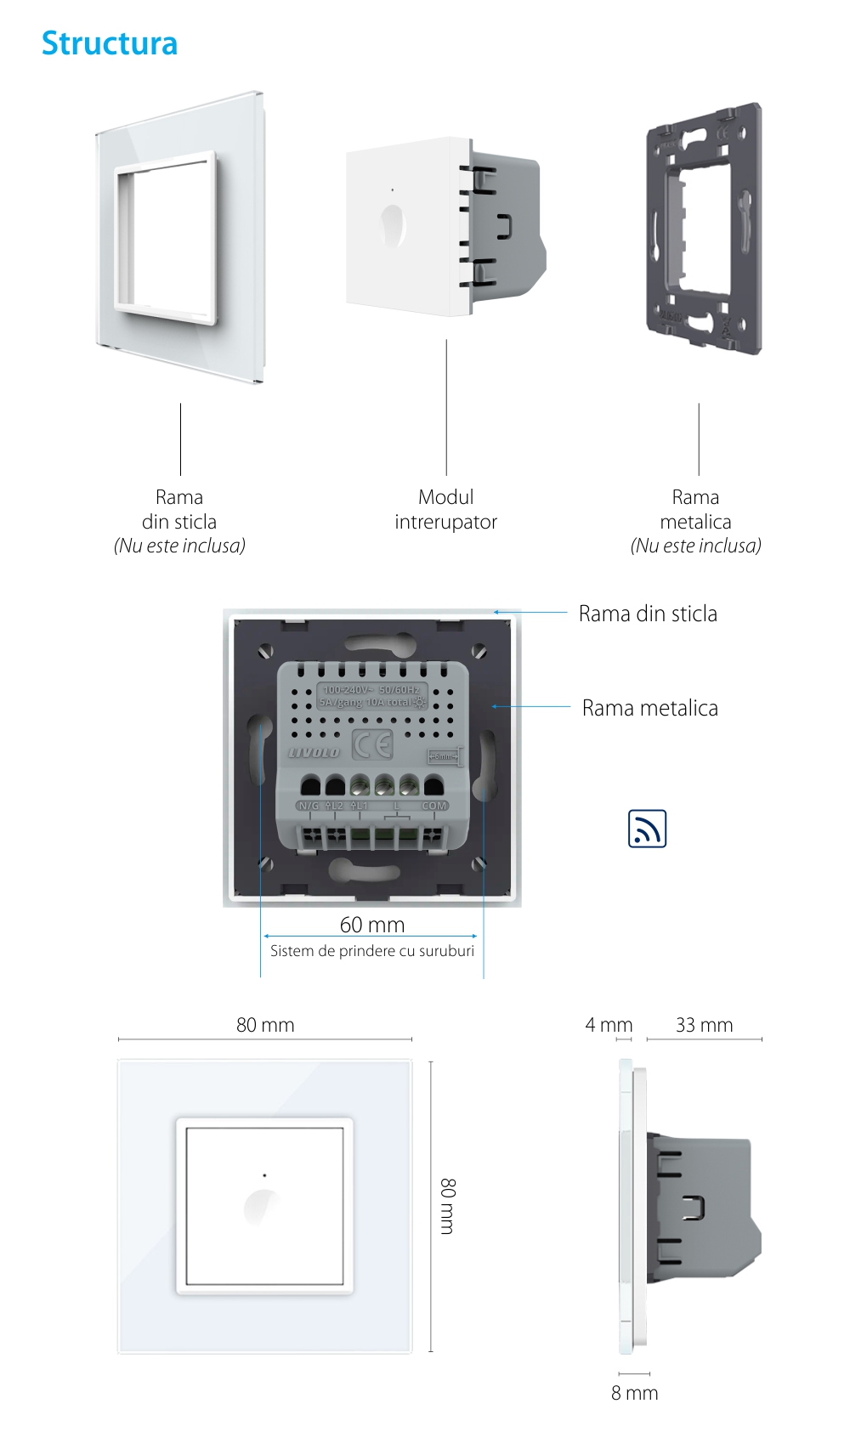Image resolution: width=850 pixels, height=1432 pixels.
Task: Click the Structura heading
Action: pyautogui.click(x=110, y=43)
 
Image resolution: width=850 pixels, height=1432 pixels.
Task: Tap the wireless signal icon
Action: pyautogui.click(x=647, y=829)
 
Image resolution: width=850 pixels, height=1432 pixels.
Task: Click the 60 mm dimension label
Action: pyautogui.click(x=372, y=925)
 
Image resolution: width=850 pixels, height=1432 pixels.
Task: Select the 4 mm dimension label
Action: pyautogui.click(x=609, y=1025)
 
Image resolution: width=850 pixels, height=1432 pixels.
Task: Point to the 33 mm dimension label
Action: pyautogui.click(x=704, y=1025)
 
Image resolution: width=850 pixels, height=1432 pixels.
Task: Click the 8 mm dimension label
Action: pyautogui.click(x=634, y=1393)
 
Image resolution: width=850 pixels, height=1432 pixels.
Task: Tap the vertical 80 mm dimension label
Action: pyautogui.click(x=448, y=1206)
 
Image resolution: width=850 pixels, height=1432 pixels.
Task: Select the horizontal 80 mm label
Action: pyautogui.click(x=265, y=1025)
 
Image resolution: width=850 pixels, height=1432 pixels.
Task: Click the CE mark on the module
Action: pyautogui.click(x=372, y=745)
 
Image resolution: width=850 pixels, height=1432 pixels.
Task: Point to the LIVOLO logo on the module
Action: pyautogui.click(x=314, y=752)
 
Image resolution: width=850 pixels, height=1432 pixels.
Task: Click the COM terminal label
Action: pyautogui.click(x=434, y=806)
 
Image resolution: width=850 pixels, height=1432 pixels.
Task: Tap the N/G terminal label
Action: pyautogui.click(x=308, y=806)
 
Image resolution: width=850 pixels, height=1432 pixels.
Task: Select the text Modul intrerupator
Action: pyautogui.click(x=445, y=509)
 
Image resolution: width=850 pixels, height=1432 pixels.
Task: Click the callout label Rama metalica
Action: pyautogui.click(x=649, y=708)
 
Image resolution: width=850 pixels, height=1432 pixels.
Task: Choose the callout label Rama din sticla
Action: pyautogui.click(x=648, y=614)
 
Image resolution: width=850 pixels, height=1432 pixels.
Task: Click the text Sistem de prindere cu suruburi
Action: pyautogui.click(x=372, y=951)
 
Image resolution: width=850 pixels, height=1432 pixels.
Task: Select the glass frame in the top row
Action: pyautogui.click(x=180, y=238)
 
